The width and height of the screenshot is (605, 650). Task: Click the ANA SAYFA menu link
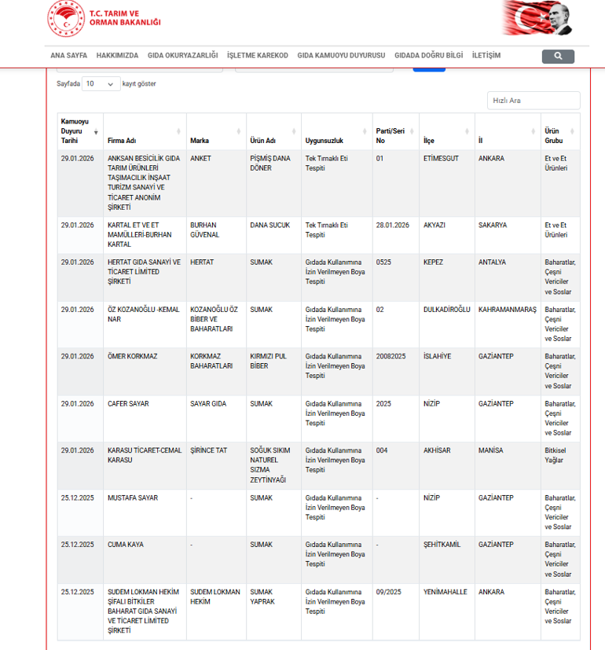68,56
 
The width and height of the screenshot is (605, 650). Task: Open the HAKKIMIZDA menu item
117,56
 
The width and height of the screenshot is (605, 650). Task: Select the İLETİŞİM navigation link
486,56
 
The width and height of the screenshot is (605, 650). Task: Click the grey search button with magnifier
558,57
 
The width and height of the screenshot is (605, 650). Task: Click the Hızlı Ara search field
533,101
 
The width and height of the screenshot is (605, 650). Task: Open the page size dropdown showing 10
101,83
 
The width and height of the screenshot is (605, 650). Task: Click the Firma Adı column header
122,141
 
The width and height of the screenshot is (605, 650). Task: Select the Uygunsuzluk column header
324,141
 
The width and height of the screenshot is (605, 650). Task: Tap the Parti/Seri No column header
390,136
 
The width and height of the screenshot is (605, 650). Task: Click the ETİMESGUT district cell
441,159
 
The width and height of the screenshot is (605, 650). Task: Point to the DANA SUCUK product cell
269,226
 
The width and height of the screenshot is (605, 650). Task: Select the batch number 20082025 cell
391,357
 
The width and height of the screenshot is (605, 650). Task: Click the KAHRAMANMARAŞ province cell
507,310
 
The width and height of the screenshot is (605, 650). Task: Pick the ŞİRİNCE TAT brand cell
208,450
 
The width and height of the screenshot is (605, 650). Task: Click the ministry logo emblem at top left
65,20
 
